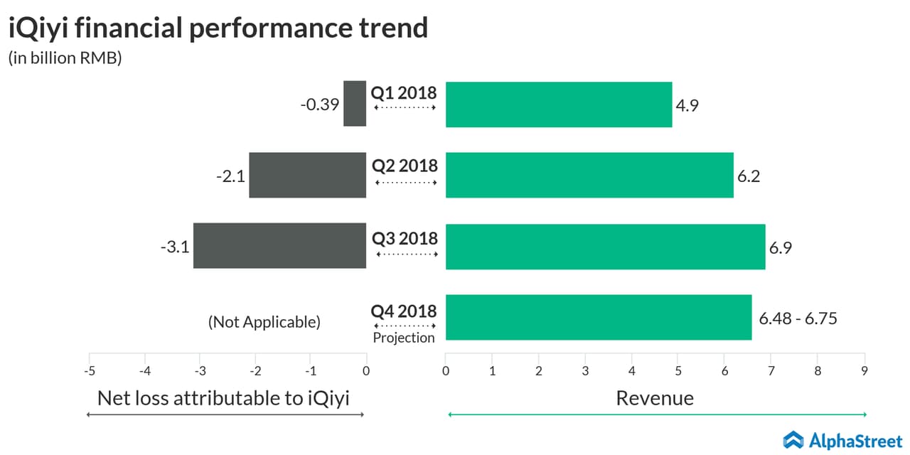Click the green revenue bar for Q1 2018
point(558,105)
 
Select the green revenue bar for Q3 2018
point(605,247)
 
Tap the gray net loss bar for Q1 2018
point(355,104)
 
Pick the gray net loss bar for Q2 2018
point(307,175)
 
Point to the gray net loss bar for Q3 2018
point(279,246)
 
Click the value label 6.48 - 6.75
point(798,318)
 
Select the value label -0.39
point(319,105)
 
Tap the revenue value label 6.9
point(780,248)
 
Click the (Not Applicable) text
point(264,322)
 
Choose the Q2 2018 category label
point(405,166)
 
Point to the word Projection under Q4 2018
point(404,338)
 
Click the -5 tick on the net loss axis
point(89,370)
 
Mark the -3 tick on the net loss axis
point(200,370)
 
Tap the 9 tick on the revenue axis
point(864,370)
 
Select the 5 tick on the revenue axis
point(678,370)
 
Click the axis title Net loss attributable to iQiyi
point(223,398)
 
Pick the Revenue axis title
point(655,398)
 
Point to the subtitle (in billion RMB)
point(65,58)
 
